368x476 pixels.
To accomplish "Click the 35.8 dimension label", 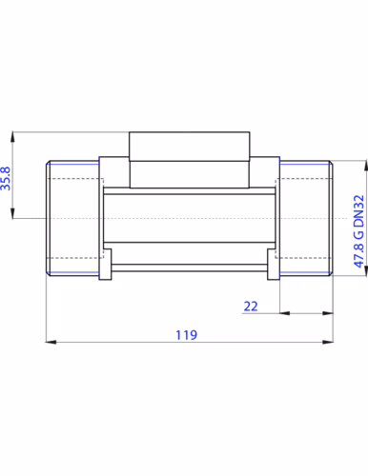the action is (6, 179).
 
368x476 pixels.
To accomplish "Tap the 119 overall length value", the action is (187, 335).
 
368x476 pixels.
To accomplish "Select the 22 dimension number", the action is (251, 307).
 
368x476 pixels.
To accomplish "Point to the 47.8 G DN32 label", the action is (358, 231).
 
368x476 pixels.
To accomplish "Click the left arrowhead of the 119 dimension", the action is (51, 342).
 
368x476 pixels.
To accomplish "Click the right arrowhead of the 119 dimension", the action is (328, 342).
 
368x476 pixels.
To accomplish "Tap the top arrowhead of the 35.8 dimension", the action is (12, 137).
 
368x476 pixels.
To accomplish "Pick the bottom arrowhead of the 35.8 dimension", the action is (12, 213).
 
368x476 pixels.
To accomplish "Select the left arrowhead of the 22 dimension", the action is (285, 313).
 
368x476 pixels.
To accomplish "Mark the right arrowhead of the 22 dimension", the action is (328, 313).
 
